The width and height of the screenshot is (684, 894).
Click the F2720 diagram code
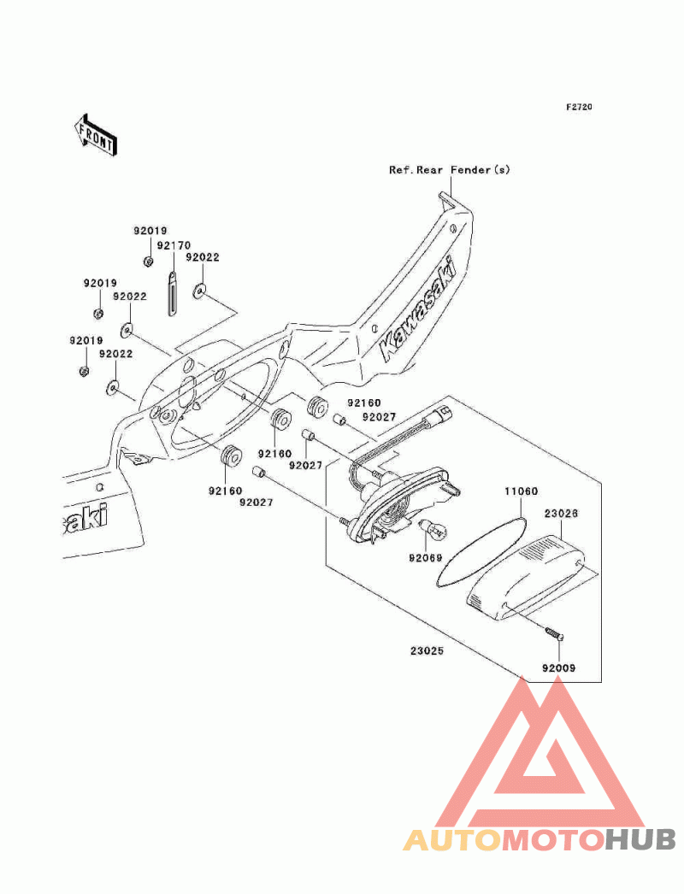coord(579,107)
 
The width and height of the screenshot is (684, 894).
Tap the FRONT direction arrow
coord(95,135)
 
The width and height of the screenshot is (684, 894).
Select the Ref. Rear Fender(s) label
coord(450,170)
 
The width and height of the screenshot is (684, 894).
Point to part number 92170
coord(174,245)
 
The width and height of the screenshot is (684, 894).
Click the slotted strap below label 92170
coord(173,292)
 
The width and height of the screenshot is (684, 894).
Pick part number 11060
coord(521,491)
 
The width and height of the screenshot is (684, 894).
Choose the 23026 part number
coord(561,513)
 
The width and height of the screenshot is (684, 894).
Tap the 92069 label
coord(426,557)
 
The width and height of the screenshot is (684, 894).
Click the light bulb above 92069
coord(433,530)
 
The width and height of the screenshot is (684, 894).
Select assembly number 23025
coord(427,650)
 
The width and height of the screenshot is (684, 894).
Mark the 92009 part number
coord(558,668)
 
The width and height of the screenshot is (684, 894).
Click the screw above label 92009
coord(553,632)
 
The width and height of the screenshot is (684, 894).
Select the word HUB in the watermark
coord(640,840)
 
